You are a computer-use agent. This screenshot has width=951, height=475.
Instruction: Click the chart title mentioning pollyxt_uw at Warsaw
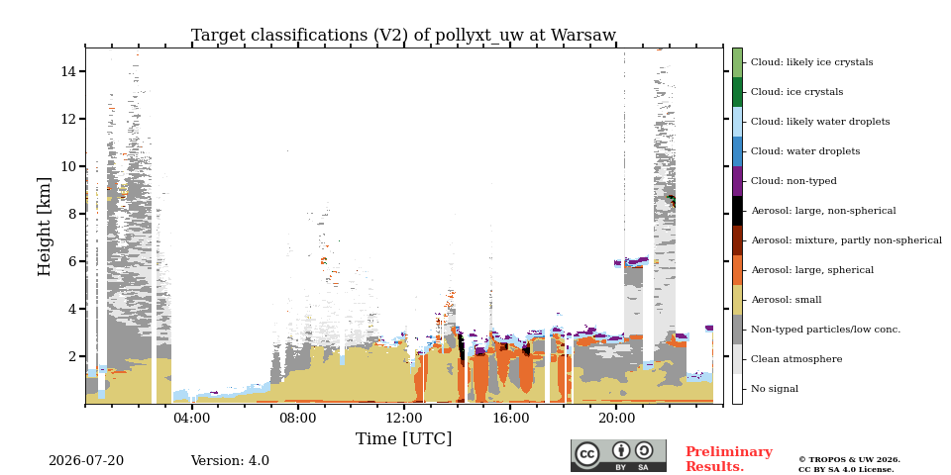pyautogui.click(x=403, y=36)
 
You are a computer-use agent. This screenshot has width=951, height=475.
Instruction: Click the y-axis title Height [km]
pyautogui.click(x=45, y=227)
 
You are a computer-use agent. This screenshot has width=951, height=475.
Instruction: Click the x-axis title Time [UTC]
pyautogui.click(x=403, y=438)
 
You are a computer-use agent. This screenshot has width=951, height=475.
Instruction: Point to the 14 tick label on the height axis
pyautogui.click(x=68, y=71)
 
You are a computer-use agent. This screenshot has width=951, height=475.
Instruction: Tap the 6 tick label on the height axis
pyautogui.click(x=72, y=261)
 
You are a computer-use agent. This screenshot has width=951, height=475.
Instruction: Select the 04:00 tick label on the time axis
pyautogui.click(x=191, y=419)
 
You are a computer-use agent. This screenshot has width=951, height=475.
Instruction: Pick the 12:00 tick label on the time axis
pyautogui.click(x=404, y=419)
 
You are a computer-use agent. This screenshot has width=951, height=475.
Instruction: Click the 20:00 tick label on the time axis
pyautogui.click(x=616, y=419)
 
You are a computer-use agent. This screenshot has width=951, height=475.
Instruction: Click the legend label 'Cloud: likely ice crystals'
pyautogui.click(x=812, y=62)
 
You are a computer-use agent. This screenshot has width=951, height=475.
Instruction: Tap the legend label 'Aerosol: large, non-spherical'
pyautogui.click(x=823, y=211)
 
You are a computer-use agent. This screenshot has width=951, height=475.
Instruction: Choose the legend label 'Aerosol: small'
pyautogui.click(x=787, y=300)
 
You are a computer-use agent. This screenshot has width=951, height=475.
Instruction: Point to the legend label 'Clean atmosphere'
pyautogui.click(x=796, y=359)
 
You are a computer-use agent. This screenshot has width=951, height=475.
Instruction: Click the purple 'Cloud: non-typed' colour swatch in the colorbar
pyautogui.click(x=737, y=181)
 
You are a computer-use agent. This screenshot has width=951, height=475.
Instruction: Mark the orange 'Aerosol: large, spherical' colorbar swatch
pyautogui.click(x=737, y=270)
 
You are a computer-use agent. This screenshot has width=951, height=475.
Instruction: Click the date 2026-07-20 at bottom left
pyautogui.click(x=86, y=461)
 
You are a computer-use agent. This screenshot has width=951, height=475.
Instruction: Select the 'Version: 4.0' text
pyautogui.click(x=230, y=461)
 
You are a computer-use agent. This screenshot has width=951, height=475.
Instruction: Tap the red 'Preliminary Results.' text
pyautogui.click(x=729, y=459)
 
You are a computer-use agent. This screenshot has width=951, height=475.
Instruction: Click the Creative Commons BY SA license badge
pyautogui.click(x=618, y=455)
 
